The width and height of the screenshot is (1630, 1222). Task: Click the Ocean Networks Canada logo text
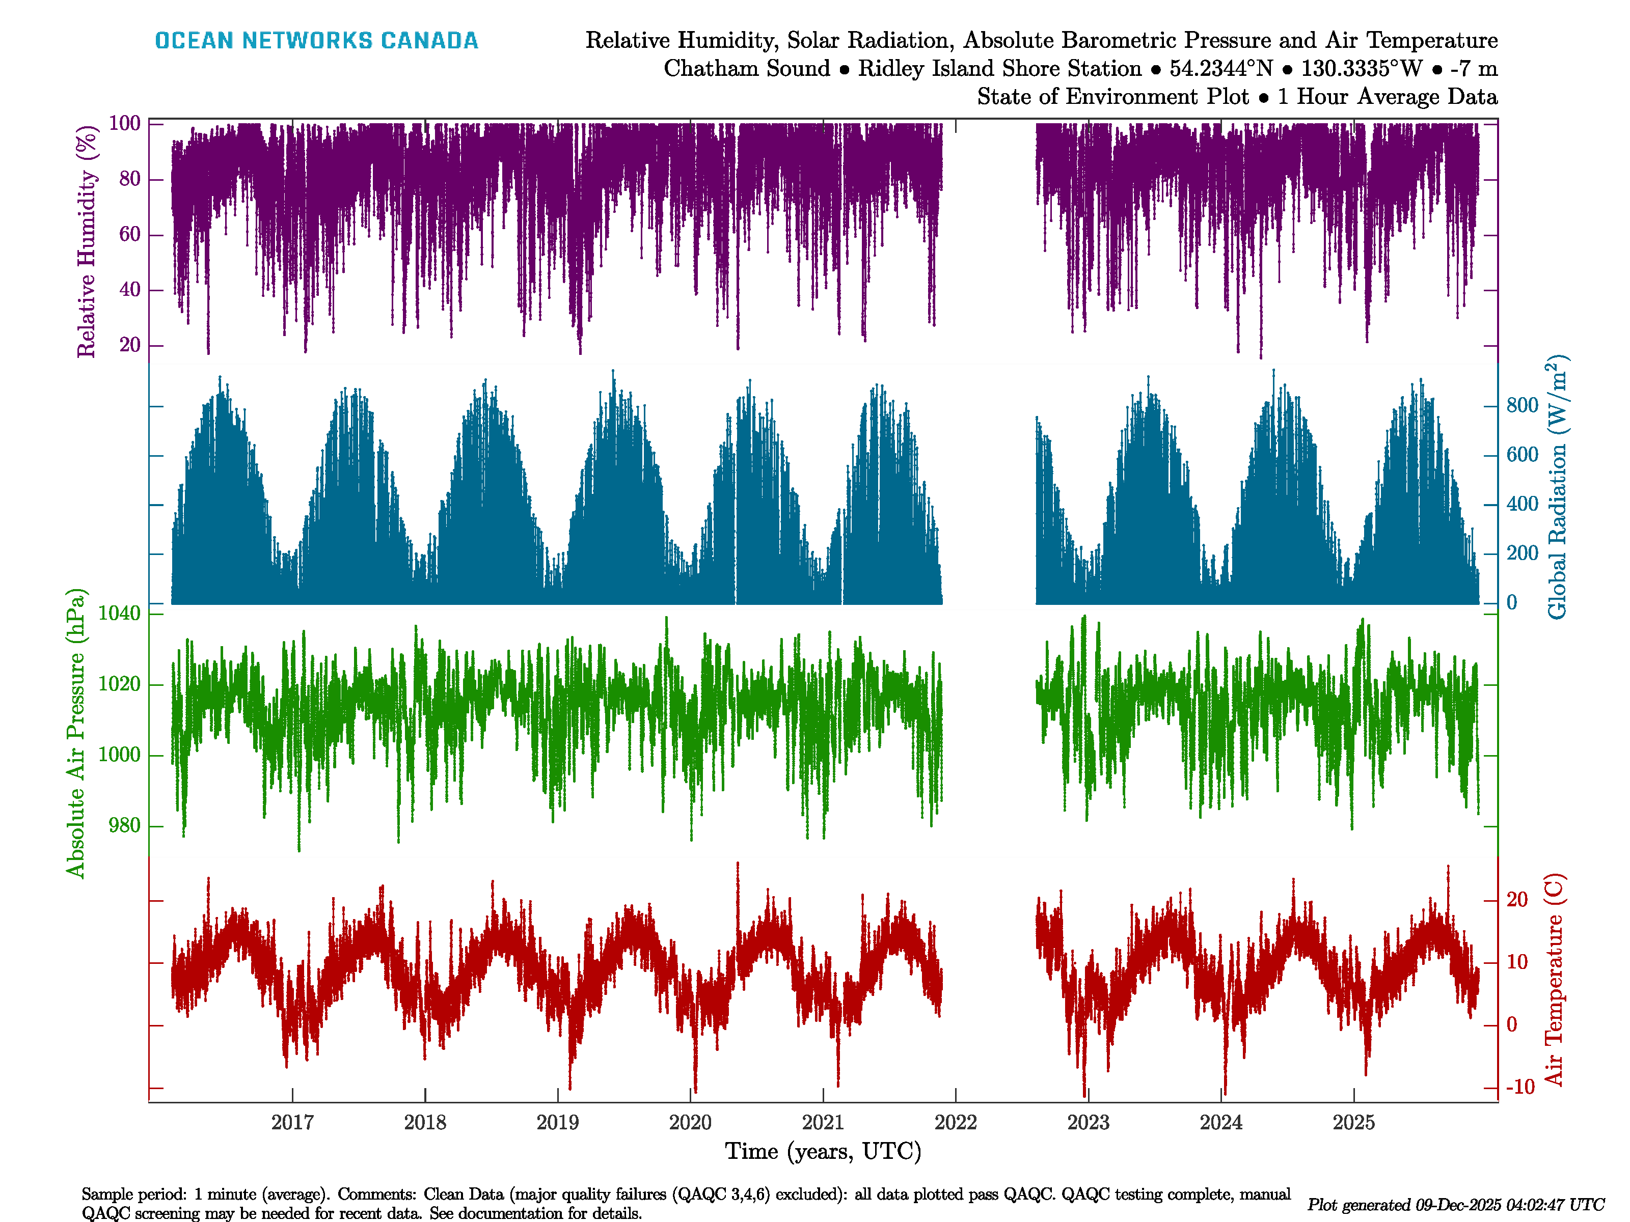(316, 41)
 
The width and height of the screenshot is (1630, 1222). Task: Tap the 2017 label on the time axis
(292, 1123)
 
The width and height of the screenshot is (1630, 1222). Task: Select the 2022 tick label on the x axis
(955, 1123)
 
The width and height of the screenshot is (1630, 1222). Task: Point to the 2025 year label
(1354, 1123)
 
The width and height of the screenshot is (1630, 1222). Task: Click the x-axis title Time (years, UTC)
(823, 1151)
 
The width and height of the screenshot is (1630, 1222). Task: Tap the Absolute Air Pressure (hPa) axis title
(75, 733)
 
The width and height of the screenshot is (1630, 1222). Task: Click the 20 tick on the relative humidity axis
(130, 345)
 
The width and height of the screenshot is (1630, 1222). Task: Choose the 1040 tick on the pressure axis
(119, 613)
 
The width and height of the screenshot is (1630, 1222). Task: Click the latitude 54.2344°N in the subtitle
(1221, 69)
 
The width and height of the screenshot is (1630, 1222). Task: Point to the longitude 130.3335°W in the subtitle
(1361, 69)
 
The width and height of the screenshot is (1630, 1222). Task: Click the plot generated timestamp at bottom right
(1455, 1205)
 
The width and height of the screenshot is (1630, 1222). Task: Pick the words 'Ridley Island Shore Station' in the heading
(999, 69)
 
